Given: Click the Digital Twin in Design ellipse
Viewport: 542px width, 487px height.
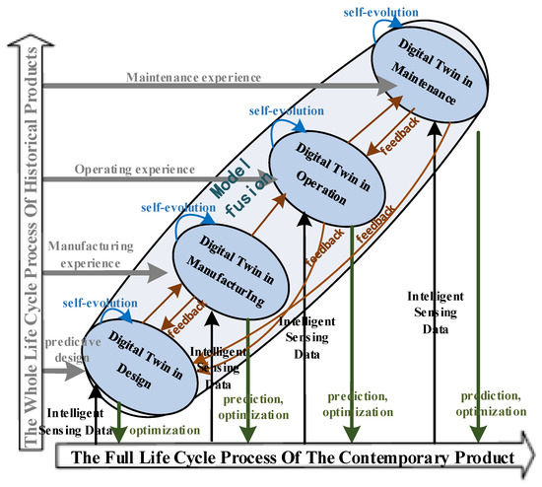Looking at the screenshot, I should point(130,356).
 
